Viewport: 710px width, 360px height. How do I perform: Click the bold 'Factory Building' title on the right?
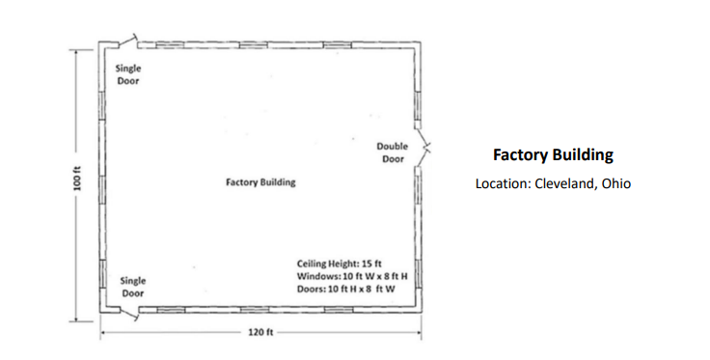553,154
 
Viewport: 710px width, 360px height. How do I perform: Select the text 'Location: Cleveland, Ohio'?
553,183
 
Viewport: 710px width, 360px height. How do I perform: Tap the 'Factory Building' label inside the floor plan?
260,182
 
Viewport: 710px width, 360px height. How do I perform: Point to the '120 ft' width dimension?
261,333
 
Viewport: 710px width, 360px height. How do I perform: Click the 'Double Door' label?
393,152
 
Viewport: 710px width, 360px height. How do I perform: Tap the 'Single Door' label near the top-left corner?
127,74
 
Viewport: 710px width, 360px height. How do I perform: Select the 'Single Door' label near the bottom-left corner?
133,286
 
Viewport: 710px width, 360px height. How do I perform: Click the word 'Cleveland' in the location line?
564,183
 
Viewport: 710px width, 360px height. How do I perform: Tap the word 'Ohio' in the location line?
615,183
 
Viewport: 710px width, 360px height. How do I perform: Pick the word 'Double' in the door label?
393,147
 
